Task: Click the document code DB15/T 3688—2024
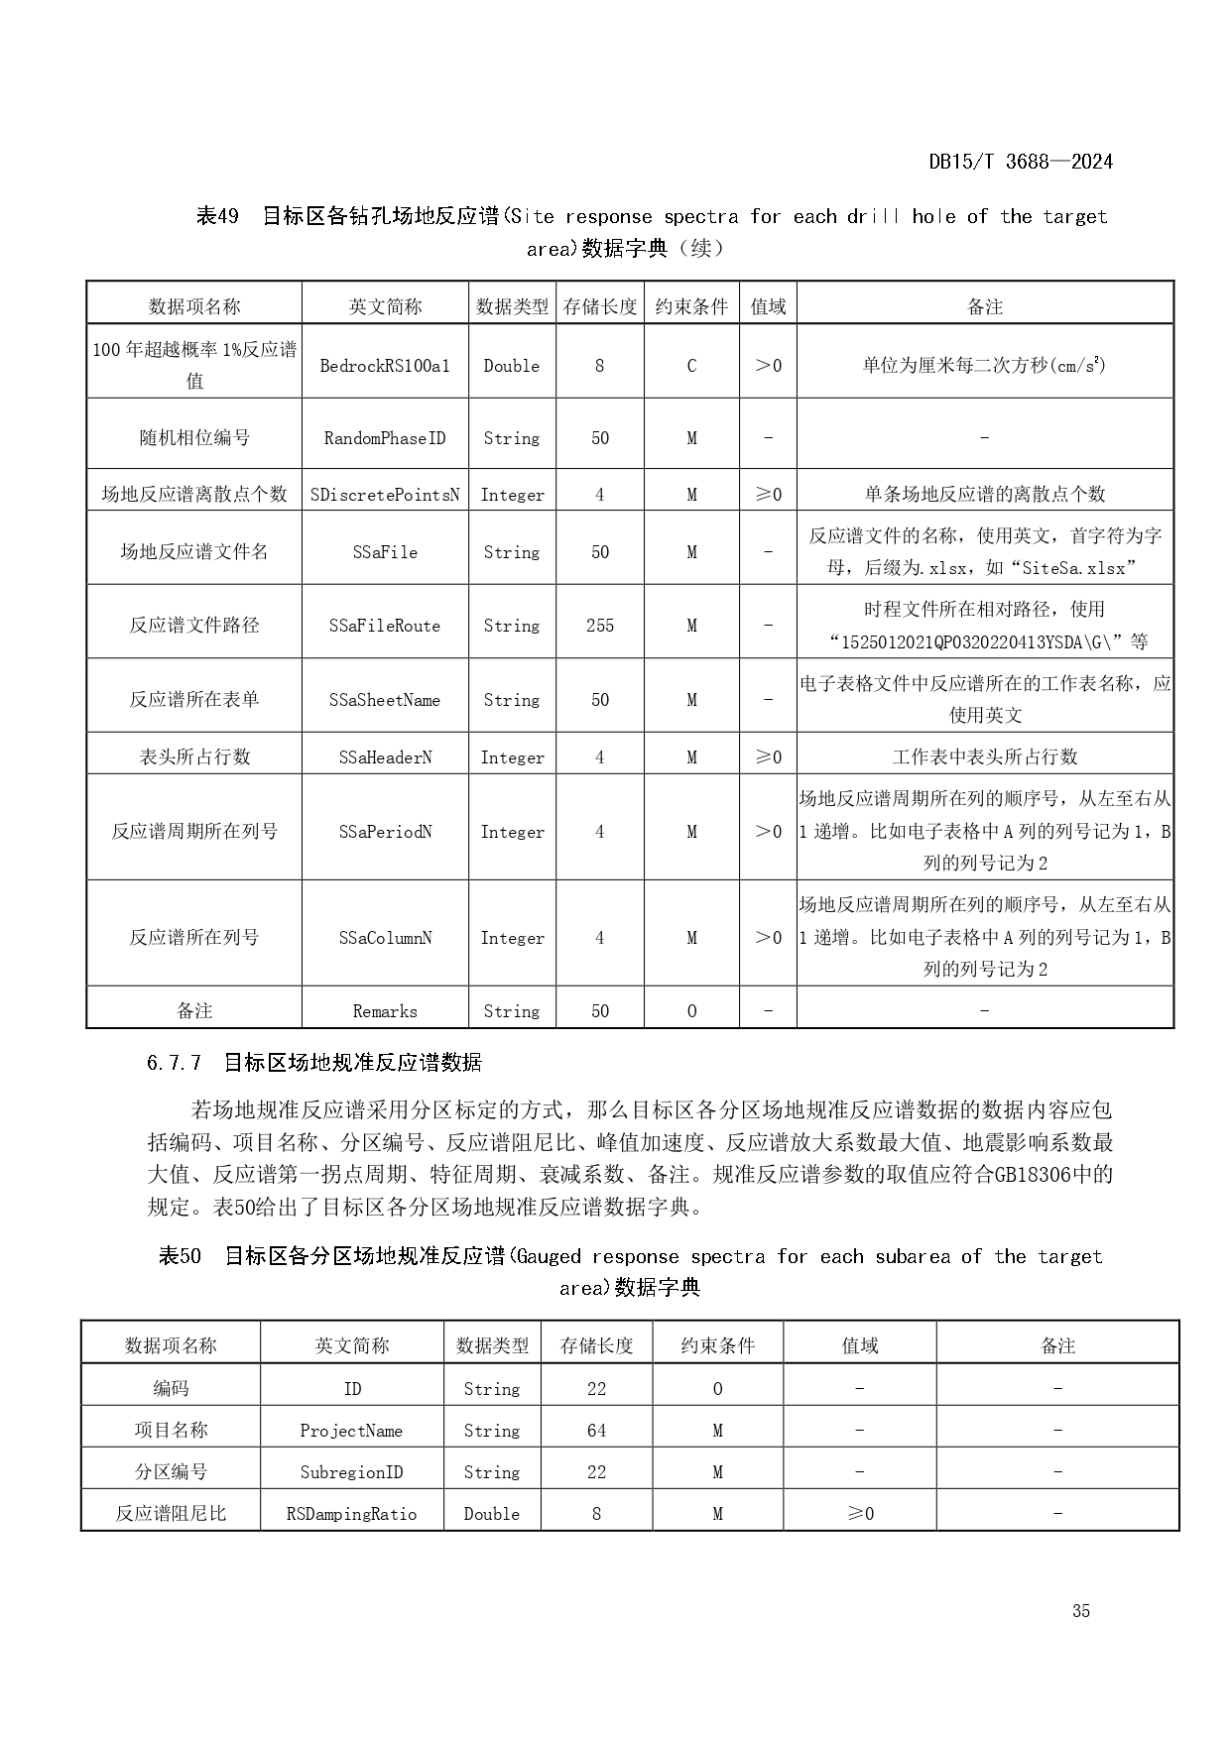pyautogui.click(x=1020, y=162)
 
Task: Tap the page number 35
pyautogui.click(x=1080, y=1610)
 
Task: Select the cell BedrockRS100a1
pyautogui.click(x=385, y=366)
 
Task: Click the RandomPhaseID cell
pyautogui.click(x=385, y=438)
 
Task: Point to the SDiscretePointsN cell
pyautogui.click(x=385, y=494)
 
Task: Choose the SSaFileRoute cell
pyautogui.click(x=385, y=626)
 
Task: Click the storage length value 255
pyautogui.click(x=599, y=626)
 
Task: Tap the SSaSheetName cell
pyautogui.click(x=385, y=700)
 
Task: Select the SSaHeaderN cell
pyautogui.click(x=385, y=757)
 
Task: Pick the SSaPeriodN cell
pyautogui.click(x=385, y=832)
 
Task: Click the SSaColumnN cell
pyautogui.click(x=385, y=938)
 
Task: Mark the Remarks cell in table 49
pyautogui.click(x=385, y=1011)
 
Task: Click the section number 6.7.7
pyautogui.click(x=174, y=1063)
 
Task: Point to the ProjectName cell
pyautogui.click(x=351, y=1431)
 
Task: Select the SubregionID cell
pyautogui.click(x=351, y=1472)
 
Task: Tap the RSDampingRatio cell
pyautogui.click(x=351, y=1514)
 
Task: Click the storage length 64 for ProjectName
pyautogui.click(x=596, y=1431)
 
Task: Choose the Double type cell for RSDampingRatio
pyautogui.click(x=492, y=1514)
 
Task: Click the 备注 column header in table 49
pyautogui.click(x=984, y=306)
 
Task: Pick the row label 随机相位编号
pyautogui.click(x=194, y=438)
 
